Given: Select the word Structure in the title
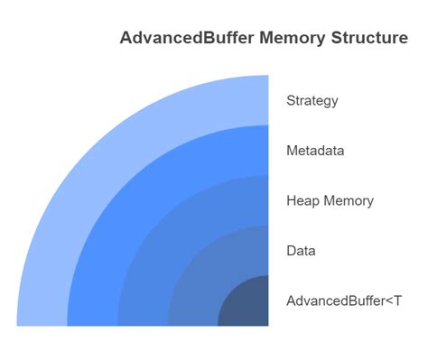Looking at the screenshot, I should (370, 39).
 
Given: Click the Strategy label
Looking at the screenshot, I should (312, 100).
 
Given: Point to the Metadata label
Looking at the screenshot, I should (315, 151).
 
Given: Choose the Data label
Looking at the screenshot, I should (301, 251).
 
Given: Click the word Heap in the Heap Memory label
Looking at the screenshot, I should (302, 200).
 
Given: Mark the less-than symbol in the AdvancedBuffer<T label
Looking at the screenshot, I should (389, 301).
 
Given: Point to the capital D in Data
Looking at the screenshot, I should (292, 251).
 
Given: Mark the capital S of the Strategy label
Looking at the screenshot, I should (291, 100).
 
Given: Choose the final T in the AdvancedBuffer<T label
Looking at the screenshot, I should (398, 300).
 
